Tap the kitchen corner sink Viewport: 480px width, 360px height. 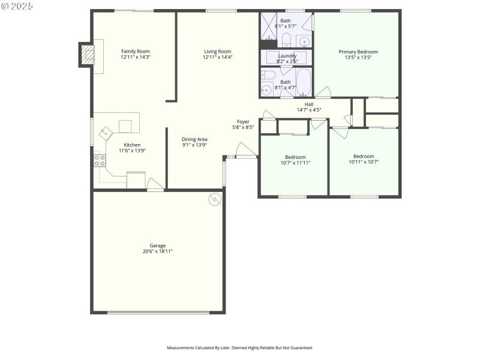(106, 132)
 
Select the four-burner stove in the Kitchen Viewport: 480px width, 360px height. (99, 160)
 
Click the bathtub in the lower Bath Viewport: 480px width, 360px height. (303, 83)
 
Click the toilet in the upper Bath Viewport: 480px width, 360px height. (286, 40)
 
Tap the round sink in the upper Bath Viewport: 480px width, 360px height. (304, 41)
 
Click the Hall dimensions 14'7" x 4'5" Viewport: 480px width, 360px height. (309, 110)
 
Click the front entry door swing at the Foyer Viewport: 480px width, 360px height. (245, 150)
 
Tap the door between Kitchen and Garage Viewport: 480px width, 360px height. (155, 184)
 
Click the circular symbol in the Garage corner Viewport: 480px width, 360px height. (214, 200)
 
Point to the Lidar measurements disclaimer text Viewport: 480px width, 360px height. (239, 347)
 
